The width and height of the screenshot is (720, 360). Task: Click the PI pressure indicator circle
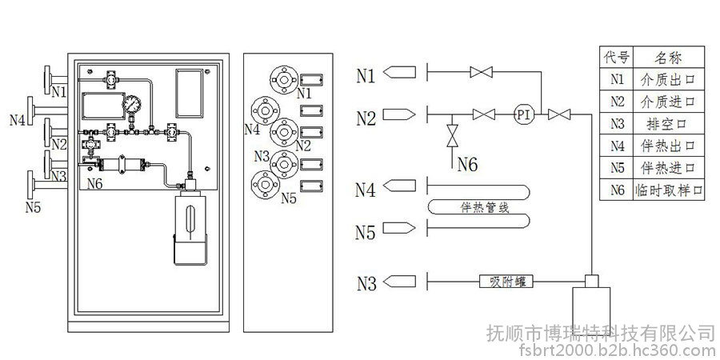click(524, 114)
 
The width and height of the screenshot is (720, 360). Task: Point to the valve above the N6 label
click(451, 134)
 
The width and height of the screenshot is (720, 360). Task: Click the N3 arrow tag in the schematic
click(400, 282)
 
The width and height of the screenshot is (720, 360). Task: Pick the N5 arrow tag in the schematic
click(400, 230)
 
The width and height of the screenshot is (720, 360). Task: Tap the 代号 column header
click(617, 57)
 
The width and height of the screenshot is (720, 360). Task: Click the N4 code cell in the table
click(617, 146)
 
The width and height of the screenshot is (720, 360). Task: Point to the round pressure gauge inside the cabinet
click(131, 105)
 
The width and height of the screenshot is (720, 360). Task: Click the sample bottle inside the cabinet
click(192, 224)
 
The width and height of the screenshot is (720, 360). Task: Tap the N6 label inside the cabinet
click(94, 183)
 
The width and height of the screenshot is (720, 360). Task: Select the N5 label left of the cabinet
click(33, 207)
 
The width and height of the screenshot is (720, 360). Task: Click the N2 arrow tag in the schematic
click(400, 114)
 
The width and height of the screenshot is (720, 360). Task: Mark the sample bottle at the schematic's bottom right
click(592, 308)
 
